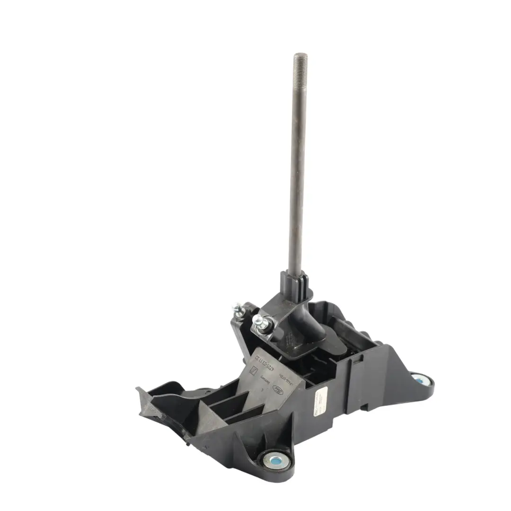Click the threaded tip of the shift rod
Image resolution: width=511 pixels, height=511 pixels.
pyautogui.click(x=300, y=62)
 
